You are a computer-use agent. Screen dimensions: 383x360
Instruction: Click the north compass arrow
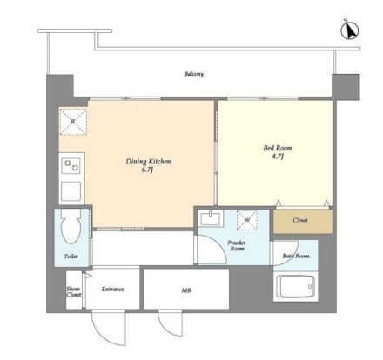click(x=350, y=30)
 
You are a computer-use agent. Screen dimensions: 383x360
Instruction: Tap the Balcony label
click(x=194, y=74)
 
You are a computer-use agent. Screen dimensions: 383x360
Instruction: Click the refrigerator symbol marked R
click(x=73, y=122)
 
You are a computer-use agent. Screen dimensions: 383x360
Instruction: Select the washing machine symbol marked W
click(x=247, y=220)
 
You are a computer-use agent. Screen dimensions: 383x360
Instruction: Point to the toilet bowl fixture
click(x=71, y=227)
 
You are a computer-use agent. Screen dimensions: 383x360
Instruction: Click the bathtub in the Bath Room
click(x=295, y=286)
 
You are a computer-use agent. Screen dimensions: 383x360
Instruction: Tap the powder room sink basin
click(x=211, y=218)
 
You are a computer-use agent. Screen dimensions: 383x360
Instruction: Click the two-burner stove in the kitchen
click(x=71, y=165)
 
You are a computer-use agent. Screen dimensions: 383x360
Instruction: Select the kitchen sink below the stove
click(x=71, y=191)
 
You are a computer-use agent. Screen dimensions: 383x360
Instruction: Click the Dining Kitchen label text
click(x=148, y=162)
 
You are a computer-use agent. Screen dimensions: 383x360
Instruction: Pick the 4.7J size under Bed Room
click(x=278, y=157)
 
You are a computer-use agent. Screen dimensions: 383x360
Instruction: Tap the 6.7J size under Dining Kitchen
click(x=147, y=170)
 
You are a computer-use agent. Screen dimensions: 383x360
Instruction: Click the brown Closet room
click(x=303, y=221)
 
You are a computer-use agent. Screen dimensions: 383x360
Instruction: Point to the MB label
click(x=186, y=290)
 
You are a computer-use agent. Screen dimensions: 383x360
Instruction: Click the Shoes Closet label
click(x=73, y=291)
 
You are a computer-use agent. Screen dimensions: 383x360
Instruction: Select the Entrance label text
click(x=112, y=289)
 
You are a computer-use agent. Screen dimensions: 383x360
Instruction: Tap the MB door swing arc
click(x=166, y=328)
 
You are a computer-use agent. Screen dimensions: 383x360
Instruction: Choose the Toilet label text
click(x=71, y=257)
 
